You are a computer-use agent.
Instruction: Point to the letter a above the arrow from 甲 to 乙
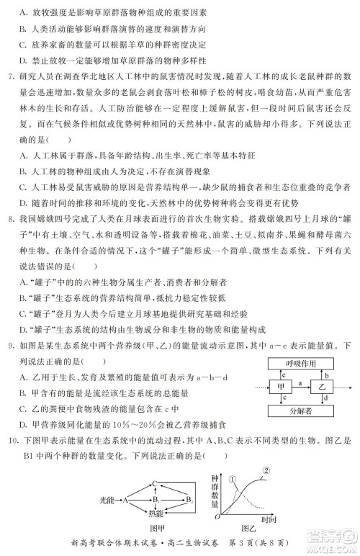300,383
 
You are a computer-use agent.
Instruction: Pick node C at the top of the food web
154,485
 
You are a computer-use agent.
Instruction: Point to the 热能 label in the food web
156,514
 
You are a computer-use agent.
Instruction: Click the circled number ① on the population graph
233,479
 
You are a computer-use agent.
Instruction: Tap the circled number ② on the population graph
267,471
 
